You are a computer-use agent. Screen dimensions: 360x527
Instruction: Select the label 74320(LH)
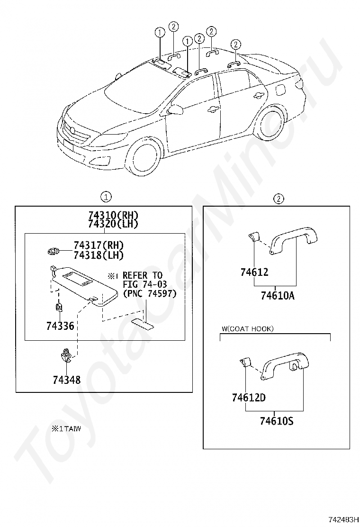[112, 224]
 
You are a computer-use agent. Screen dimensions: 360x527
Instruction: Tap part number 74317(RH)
[98, 245]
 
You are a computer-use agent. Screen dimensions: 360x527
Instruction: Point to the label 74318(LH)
[98, 255]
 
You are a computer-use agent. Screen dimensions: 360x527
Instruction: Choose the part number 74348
[66, 380]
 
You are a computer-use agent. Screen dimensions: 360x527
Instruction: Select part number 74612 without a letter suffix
[254, 272]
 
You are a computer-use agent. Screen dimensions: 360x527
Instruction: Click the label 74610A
[278, 296]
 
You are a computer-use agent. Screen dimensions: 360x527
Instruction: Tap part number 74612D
[249, 397]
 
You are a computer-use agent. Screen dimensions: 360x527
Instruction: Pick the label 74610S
[277, 420]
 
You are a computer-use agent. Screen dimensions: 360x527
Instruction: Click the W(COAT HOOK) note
[247, 328]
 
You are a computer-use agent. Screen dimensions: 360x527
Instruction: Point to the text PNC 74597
[149, 294]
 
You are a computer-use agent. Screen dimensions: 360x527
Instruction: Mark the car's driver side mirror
[177, 109]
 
